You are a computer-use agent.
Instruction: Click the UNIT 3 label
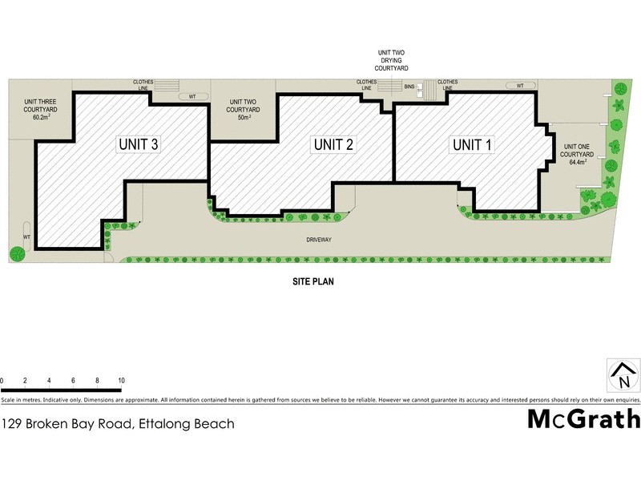(x=139, y=145)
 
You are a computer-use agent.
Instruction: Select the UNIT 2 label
(x=334, y=145)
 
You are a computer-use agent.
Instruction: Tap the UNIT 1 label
(x=473, y=145)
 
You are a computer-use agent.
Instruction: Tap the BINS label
(x=409, y=85)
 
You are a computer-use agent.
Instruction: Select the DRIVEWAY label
(x=318, y=240)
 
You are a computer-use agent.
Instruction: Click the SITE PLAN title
(x=312, y=282)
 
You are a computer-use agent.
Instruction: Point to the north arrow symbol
(x=623, y=376)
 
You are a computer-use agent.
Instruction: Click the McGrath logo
(x=583, y=418)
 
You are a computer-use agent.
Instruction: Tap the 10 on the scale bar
(x=120, y=381)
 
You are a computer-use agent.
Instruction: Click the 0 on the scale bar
(x=2, y=381)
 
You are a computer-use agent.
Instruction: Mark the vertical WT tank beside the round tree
(x=26, y=236)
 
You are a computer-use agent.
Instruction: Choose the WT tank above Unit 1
(x=520, y=85)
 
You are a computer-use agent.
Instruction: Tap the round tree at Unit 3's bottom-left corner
(x=16, y=255)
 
